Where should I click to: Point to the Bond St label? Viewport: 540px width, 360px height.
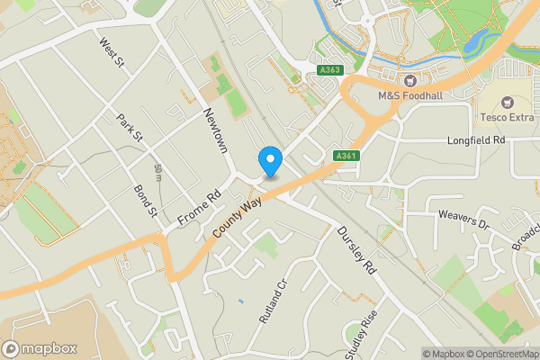pos(145,201)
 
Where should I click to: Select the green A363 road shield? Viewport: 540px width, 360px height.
pos(330,69)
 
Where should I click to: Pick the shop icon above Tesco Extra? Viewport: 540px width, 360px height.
pos(505,103)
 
